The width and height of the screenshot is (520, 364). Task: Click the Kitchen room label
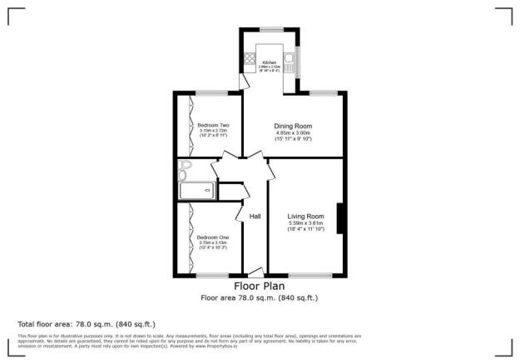pos(270,62)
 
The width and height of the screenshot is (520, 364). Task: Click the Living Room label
pos(305,216)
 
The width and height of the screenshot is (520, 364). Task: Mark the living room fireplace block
pos(340,220)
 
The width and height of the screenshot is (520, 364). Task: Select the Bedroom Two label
pos(213,125)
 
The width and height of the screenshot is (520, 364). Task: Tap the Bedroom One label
pos(213,237)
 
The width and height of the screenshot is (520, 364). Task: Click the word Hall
pos(255,217)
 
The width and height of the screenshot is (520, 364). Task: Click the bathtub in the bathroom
pos(197,191)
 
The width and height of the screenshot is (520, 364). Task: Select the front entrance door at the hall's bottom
pos(256,272)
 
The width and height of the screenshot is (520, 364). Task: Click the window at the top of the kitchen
pos(270,29)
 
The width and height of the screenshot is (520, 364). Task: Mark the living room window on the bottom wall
pos(310,275)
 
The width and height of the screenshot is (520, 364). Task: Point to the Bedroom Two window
pos(212,92)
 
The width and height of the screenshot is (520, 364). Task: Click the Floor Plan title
pos(259,286)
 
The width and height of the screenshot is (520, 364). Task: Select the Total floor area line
pos(87,323)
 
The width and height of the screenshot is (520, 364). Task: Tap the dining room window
pos(324,92)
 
